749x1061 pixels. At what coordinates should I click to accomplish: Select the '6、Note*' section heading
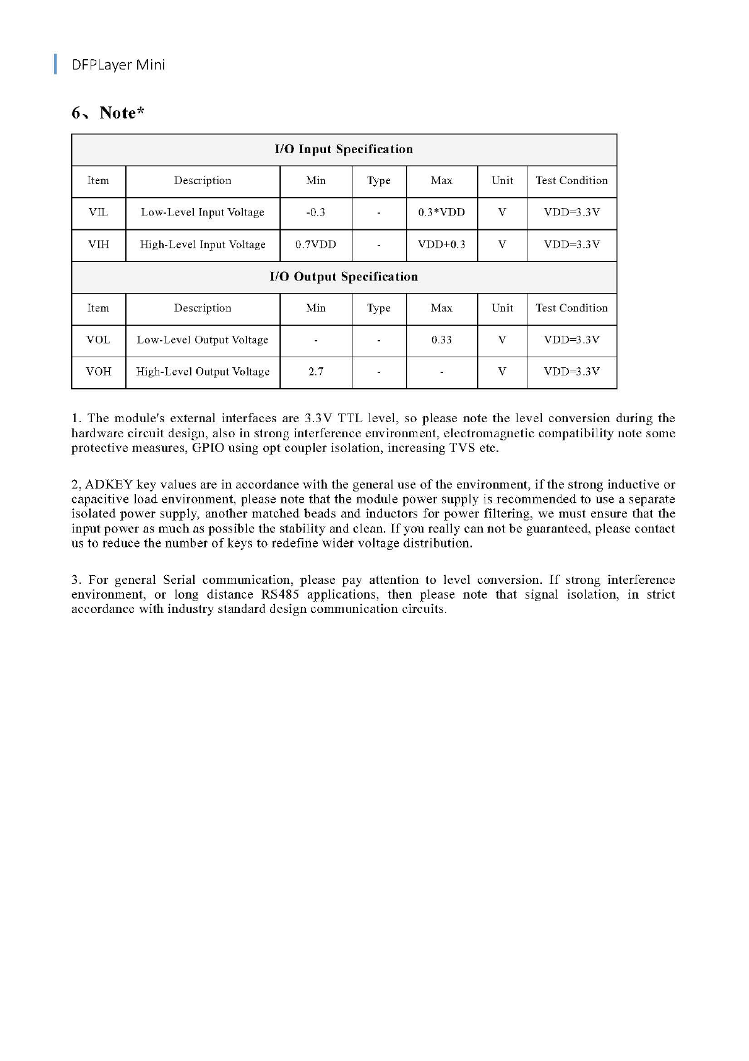(108, 113)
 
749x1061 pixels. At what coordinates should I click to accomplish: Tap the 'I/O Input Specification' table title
(344, 149)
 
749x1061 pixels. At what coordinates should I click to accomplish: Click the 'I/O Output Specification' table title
(344, 277)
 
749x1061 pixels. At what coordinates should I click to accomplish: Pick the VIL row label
(98, 212)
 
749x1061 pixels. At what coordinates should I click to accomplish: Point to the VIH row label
(98, 244)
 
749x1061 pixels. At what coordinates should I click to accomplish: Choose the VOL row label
(98, 340)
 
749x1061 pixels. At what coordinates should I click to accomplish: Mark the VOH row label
(98, 372)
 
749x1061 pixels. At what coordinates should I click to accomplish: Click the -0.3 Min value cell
(315, 212)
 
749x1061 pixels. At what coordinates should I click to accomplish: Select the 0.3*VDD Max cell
(441, 212)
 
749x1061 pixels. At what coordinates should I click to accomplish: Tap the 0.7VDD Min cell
(315, 244)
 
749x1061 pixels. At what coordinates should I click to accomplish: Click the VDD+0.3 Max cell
(441, 244)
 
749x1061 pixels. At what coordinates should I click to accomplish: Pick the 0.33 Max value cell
(441, 340)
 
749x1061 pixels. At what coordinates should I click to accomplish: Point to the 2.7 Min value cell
(315, 372)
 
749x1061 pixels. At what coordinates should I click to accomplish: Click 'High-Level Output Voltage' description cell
(203, 372)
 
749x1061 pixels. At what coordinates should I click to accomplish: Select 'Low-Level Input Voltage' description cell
(203, 212)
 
